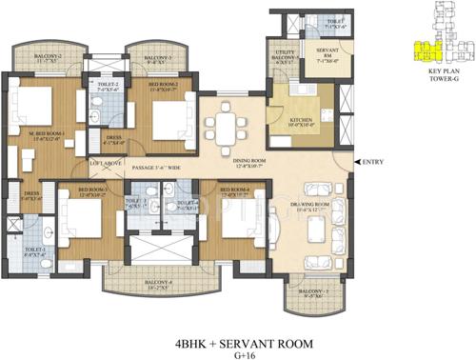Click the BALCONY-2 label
tap(47, 60)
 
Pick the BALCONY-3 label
tap(157, 61)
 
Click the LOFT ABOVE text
tap(105, 164)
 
